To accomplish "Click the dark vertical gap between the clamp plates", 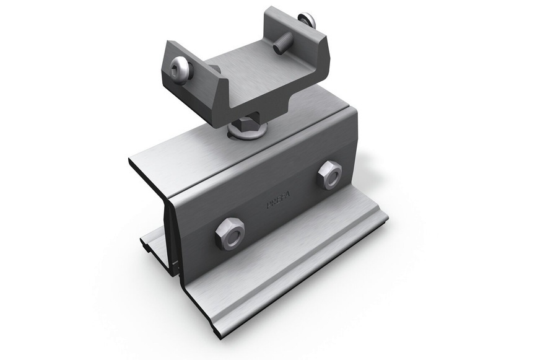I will pos(169,235).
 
